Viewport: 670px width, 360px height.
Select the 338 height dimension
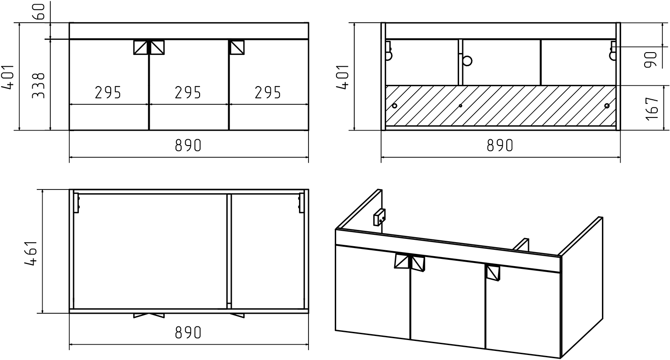coord(39,85)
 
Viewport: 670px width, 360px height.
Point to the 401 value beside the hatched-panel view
coord(343,77)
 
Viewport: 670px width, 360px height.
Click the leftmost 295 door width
coord(108,92)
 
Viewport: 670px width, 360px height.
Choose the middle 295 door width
coord(188,92)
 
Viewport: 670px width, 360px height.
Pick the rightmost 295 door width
coord(268,92)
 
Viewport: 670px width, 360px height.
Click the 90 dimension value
coord(650,59)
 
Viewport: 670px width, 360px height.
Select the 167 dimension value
coord(652,109)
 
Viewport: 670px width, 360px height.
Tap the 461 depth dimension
coord(31,253)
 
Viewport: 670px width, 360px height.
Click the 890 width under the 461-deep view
coord(188,332)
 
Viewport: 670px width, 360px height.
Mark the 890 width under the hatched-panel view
coord(500,146)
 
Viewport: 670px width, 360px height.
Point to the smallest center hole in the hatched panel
coord(460,106)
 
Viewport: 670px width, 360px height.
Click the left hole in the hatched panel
coord(395,106)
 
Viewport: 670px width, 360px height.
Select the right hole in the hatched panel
coord(607,106)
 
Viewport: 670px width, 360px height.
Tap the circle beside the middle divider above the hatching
coord(467,61)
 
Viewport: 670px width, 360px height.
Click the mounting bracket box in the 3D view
coord(379,217)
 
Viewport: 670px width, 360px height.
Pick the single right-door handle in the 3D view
coord(493,272)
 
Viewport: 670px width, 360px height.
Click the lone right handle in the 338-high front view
coord(237,47)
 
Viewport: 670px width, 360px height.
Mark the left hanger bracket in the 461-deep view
coord(76,203)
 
